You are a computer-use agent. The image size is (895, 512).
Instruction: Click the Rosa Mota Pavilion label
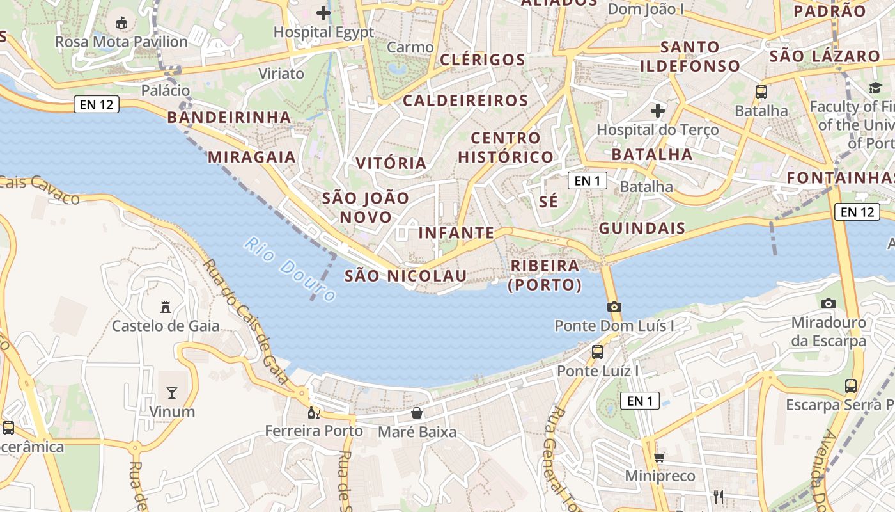tap(121, 42)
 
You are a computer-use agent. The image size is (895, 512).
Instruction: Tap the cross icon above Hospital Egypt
tap(323, 12)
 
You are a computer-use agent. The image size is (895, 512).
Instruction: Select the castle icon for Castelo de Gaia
tap(166, 307)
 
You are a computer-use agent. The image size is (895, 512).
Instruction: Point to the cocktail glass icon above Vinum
tap(171, 392)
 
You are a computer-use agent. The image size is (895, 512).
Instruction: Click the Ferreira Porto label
tap(314, 431)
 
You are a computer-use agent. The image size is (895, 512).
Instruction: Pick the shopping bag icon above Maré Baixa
tap(417, 413)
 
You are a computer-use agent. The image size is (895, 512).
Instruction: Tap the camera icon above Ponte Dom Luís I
tap(614, 307)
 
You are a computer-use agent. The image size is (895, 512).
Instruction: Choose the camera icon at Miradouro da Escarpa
tap(829, 303)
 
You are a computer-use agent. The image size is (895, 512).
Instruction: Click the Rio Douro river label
tap(290, 269)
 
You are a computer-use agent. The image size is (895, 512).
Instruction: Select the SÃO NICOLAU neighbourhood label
tap(406, 276)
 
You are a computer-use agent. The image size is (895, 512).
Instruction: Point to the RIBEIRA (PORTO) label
tap(545, 275)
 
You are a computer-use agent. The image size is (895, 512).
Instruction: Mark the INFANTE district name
tap(456, 233)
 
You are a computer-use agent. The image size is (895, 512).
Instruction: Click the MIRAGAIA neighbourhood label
tap(252, 157)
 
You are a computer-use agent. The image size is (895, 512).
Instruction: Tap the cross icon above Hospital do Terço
tap(658, 111)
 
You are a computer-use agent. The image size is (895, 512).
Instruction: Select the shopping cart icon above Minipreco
tap(659, 457)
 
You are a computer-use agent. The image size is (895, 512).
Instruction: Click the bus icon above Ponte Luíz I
tap(598, 351)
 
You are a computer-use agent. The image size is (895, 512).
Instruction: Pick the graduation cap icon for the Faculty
tap(875, 88)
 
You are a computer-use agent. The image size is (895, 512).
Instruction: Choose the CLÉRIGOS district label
tap(483, 60)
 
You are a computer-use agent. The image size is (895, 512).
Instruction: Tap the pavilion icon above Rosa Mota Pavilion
tap(121, 23)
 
